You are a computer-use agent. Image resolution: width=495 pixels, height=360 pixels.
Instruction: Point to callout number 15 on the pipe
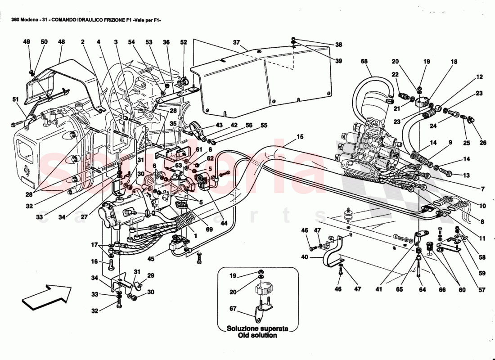pos(300,137)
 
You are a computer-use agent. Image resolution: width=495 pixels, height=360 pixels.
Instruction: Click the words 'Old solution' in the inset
pos(258,335)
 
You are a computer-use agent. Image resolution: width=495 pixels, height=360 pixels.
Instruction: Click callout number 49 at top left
pos(27,42)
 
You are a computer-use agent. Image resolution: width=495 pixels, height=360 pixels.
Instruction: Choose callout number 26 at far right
pos(483,144)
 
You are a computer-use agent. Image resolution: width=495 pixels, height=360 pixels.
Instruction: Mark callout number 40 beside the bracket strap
pos(305,258)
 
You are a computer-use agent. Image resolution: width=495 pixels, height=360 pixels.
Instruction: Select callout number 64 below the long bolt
pos(422,289)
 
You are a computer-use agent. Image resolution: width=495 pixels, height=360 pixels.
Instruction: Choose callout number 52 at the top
pos(183,42)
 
